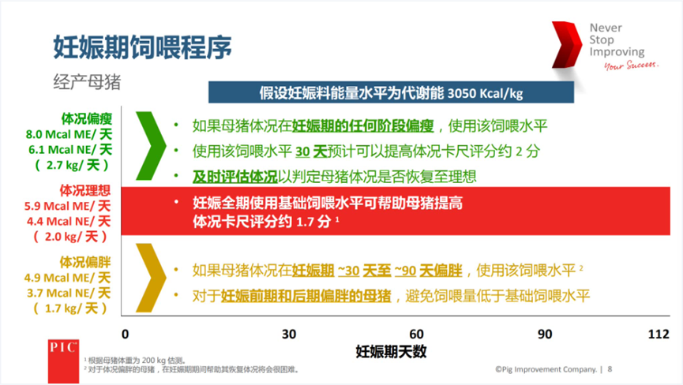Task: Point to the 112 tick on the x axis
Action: (x=659, y=334)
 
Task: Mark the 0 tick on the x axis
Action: (x=125, y=334)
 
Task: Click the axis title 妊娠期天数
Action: (x=391, y=349)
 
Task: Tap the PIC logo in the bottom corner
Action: (x=61, y=348)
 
